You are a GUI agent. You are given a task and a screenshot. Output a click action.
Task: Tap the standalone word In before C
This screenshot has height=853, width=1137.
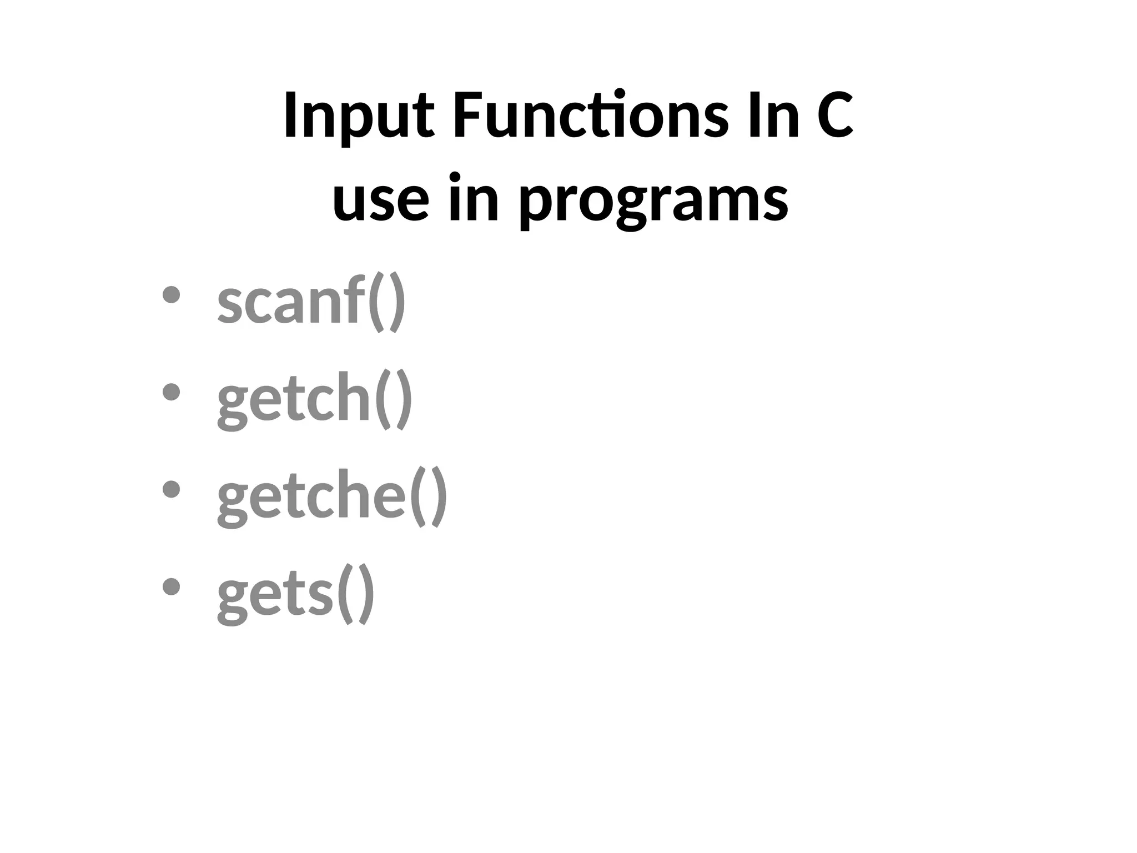point(773,117)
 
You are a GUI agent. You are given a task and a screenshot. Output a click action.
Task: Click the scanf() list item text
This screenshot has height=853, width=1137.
point(311,303)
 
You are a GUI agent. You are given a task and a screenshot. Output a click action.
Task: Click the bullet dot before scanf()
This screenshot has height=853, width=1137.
point(171,295)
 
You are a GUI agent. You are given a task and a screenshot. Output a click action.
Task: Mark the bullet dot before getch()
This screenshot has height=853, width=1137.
point(171,392)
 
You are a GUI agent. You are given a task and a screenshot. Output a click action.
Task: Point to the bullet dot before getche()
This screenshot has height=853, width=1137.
point(171,489)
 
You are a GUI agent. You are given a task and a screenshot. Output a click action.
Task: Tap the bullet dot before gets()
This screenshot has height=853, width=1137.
point(171,586)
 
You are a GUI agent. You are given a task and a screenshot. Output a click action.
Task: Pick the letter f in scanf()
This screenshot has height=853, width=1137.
point(355,300)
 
